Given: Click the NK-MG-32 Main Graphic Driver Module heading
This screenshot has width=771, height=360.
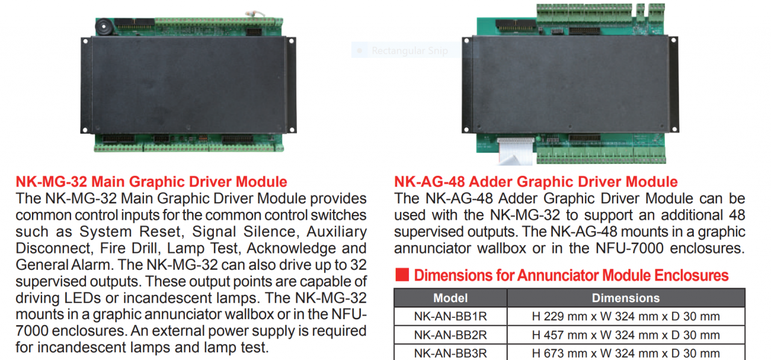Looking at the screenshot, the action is (151, 182).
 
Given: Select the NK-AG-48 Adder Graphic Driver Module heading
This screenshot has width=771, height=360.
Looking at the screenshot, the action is (536, 182).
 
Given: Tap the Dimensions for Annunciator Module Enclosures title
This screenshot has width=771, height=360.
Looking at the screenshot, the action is (572, 275).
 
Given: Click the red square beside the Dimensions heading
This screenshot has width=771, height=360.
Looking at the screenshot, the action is (402, 275).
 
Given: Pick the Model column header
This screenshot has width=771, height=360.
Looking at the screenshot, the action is (450, 298).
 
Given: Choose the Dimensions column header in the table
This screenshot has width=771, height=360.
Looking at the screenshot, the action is (626, 298).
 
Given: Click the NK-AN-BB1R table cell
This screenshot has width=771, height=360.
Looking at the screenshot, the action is (451, 316).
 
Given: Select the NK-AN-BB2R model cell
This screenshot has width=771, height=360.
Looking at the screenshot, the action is (451, 335).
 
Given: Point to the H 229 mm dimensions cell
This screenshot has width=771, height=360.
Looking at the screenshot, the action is (626, 316).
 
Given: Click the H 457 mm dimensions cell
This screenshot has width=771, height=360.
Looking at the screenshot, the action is (626, 335).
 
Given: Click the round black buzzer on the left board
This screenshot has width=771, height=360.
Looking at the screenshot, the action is (103, 26).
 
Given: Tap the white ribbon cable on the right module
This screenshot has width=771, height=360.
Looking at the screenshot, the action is (515, 152).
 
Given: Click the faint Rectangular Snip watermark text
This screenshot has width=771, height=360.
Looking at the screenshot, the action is (410, 51).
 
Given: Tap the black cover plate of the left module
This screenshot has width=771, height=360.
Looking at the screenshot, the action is (189, 85).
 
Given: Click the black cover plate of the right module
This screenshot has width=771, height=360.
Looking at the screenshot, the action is (570, 84).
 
